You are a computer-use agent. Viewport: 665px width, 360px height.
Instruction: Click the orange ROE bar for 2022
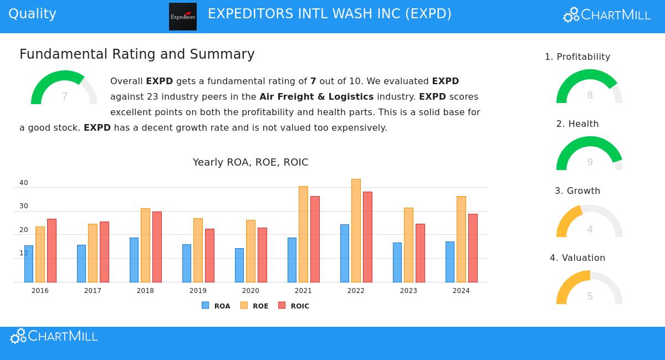click(356, 230)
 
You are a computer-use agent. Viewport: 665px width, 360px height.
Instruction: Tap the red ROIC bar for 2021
click(315, 239)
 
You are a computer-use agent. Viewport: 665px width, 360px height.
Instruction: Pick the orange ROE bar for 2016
click(40, 254)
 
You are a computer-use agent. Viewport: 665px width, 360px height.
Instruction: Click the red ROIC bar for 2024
click(473, 248)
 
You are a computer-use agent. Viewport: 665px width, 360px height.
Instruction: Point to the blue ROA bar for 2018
click(134, 260)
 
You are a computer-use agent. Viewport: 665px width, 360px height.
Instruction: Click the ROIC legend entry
click(294, 306)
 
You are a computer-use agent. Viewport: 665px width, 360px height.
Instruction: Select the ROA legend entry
click(216, 306)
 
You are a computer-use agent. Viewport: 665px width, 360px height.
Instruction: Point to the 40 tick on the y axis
click(24, 183)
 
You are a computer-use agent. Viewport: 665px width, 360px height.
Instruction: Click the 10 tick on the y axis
click(24, 253)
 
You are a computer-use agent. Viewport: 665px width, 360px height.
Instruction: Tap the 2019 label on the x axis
click(198, 291)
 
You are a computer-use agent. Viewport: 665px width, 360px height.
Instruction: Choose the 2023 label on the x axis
click(408, 291)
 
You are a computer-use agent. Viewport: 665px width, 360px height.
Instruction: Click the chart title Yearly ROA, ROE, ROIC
click(250, 162)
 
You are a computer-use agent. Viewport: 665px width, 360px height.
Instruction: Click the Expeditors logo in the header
click(183, 17)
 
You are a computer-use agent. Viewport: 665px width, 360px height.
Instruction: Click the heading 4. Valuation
click(577, 258)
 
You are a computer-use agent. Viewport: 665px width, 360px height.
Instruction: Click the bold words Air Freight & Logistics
click(316, 97)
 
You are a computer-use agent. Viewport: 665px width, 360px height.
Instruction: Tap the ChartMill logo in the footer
click(54, 336)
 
